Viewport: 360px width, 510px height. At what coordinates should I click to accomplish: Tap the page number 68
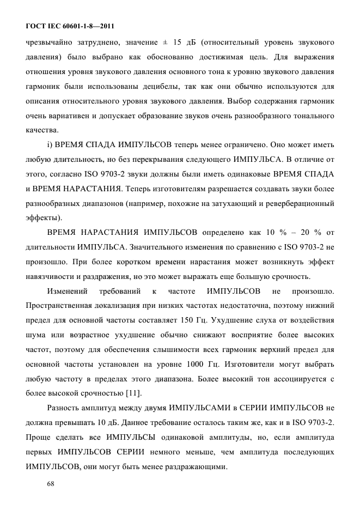click(x=52, y=483)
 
